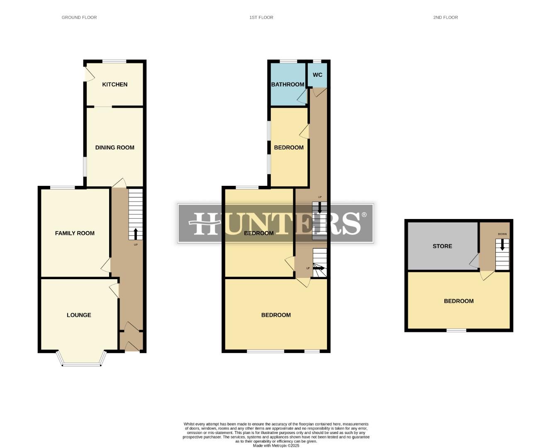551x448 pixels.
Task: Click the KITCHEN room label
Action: [115, 85]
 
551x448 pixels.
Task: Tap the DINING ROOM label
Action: [115, 148]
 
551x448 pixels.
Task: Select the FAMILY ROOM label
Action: [75, 233]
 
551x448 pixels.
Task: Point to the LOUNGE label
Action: [79, 315]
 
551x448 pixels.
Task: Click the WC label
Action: [317, 75]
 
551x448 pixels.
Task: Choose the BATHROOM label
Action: [288, 85]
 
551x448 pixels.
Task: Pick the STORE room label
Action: [442, 246]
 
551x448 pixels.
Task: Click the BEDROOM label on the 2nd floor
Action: [458, 301]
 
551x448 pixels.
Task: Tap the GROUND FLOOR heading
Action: [79, 17]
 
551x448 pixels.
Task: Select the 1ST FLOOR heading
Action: [261, 17]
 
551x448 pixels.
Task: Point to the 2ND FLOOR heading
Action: [446, 17]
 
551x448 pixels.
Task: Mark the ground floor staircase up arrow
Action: [135, 234]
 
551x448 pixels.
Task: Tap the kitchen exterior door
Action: [88, 74]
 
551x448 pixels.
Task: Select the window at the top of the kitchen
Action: [115, 61]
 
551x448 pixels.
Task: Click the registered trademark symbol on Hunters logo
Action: [364, 215]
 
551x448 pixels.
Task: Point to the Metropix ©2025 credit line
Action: [276, 446]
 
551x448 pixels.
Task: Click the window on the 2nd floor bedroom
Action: [456, 330]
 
